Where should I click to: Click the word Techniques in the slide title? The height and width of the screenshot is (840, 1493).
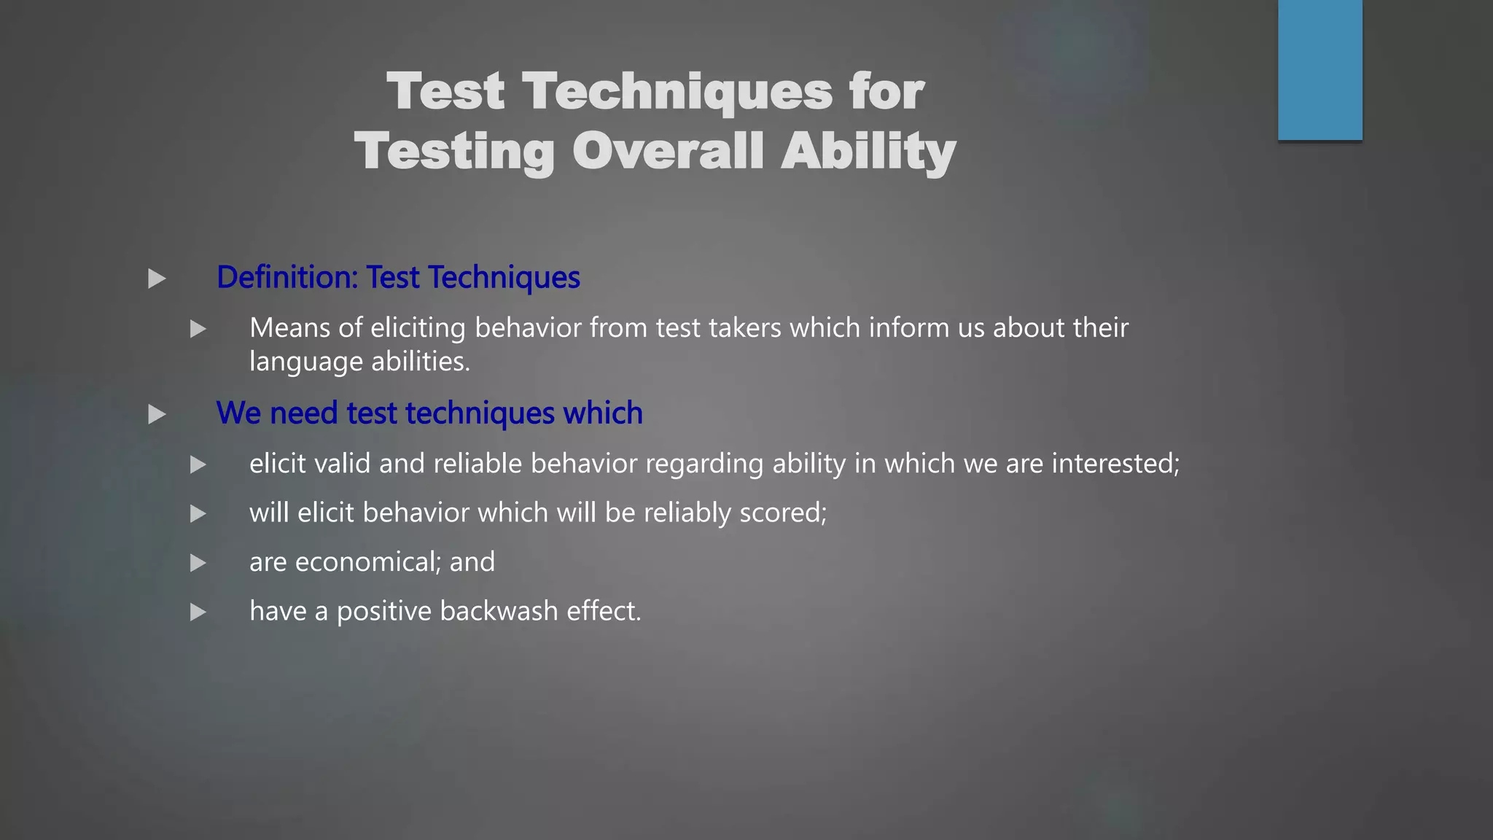point(677,93)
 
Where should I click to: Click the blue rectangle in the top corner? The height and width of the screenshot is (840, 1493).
point(1319,70)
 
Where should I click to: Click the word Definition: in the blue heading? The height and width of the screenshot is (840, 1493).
point(287,278)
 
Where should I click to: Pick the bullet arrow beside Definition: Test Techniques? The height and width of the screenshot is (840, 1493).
point(157,279)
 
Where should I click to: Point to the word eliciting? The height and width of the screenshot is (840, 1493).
point(418,328)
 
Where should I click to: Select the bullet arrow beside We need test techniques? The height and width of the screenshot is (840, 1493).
point(157,415)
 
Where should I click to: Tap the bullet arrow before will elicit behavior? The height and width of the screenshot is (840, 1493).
point(198,514)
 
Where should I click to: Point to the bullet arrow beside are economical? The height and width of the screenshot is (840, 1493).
point(198,563)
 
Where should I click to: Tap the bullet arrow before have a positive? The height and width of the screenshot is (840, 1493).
point(198,612)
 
